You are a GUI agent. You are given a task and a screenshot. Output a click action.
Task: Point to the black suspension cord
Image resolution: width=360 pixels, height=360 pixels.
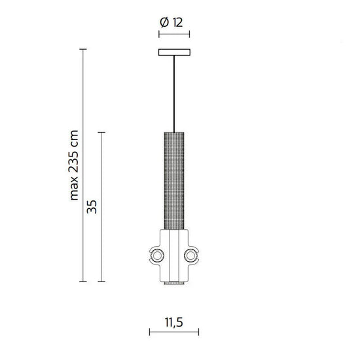click(174, 92)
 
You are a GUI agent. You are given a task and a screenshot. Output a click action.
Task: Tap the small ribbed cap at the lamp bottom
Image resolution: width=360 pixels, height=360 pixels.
click(174, 283)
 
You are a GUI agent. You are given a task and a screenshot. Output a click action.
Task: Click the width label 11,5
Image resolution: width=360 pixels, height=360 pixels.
click(174, 323)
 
